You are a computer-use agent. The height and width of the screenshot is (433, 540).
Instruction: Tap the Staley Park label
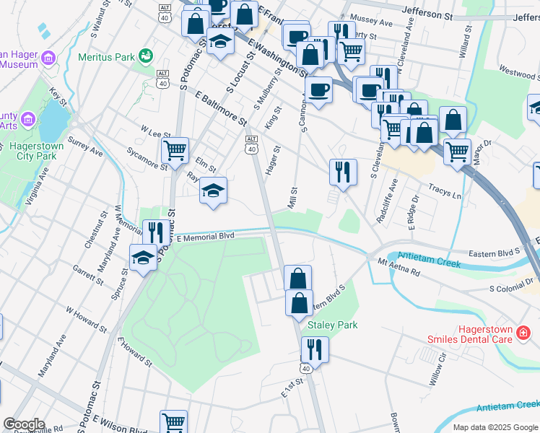pos(333,325)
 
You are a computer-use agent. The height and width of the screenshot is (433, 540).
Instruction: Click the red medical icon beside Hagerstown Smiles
pos(524,332)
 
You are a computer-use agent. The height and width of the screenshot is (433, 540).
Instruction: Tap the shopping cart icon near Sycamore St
pos(175,150)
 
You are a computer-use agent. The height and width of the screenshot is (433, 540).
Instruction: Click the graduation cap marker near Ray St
pos(213,191)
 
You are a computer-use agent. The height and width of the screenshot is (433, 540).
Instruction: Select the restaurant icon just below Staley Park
pos(315,349)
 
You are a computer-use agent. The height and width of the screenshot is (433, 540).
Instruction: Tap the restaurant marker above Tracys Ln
pos(342,171)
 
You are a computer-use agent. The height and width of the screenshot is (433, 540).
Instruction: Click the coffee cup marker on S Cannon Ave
pos(318,89)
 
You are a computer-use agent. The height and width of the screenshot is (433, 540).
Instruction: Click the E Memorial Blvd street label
pos(206,236)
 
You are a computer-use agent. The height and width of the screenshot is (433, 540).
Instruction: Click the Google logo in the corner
pos(23,424)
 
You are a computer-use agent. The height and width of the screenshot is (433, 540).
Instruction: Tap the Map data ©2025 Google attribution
pos(495,427)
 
